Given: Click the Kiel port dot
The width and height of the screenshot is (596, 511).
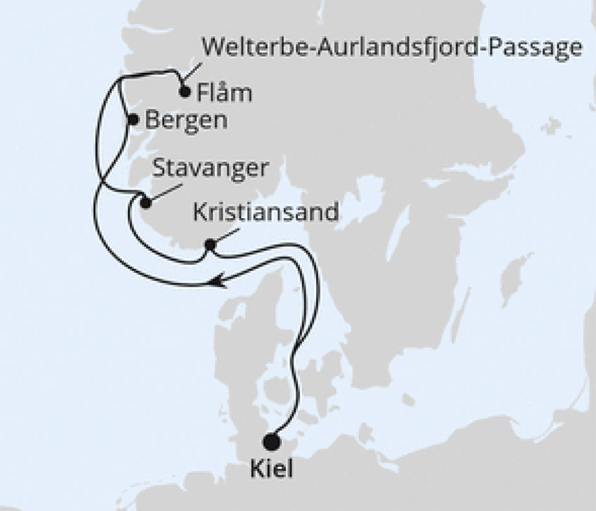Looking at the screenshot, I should click(x=271, y=442).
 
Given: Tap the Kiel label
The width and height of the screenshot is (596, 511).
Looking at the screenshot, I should click(x=272, y=470).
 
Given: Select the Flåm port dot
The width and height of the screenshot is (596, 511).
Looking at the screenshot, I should click(x=184, y=92).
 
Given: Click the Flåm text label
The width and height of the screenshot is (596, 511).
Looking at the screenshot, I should click(x=225, y=93).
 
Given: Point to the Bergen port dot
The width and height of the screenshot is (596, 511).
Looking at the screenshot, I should click(x=133, y=120).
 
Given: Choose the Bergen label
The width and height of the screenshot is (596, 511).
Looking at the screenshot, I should click(x=187, y=121).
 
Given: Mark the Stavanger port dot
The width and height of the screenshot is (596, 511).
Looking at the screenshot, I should click(x=145, y=203).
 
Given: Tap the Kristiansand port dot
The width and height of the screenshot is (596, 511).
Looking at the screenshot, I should click(x=209, y=245).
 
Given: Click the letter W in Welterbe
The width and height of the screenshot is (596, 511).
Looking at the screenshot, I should click(x=212, y=48).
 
